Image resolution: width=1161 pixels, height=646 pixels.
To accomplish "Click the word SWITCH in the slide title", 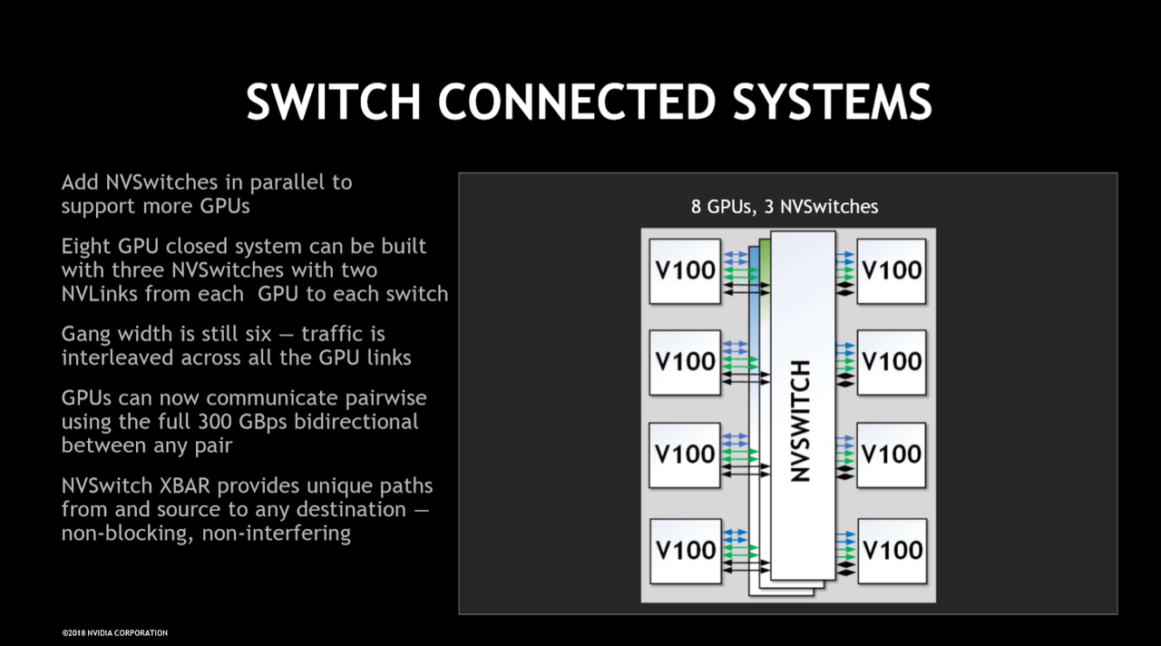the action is point(333,102).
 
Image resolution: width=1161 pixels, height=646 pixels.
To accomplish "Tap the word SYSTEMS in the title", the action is point(832,102).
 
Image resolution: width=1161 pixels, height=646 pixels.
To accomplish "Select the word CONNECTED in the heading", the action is point(577,102).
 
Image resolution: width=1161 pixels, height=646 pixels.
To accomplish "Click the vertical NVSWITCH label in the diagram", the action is point(801,421).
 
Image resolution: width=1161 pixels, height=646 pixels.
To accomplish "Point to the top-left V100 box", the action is point(685,271).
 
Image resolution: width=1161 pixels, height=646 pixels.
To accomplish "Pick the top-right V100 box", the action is point(892,271).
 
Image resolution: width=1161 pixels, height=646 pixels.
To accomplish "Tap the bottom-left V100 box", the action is point(685,551).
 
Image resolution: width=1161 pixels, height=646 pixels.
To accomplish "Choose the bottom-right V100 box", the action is point(893,551).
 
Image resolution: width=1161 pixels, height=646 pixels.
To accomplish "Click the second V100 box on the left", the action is point(685,362).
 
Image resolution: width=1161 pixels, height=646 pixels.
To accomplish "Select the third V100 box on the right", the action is point(892,455).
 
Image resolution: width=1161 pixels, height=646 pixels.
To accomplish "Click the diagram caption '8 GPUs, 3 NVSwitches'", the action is point(785,207).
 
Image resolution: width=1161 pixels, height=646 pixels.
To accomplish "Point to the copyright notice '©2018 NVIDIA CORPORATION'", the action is point(115,633).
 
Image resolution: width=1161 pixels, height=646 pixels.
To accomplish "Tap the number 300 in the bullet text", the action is point(214,422).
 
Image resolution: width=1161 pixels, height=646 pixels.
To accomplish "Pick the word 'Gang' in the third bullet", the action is point(86,335).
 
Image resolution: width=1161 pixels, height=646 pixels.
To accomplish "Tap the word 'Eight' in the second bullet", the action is point(86,247).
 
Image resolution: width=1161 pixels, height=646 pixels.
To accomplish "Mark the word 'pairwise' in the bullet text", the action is point(386,398).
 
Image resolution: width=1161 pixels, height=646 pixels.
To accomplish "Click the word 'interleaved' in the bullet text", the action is point(118,357).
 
